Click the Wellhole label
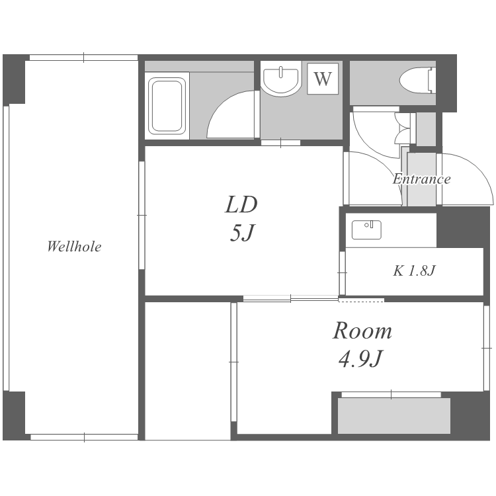(x=74, y=247)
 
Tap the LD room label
(x=241, y=204)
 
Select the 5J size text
(x=242, y=233)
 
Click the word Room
(x=362, y=331)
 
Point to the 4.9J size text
(x=361, y=358)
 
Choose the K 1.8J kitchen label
(x=415, y=270)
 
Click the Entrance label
(x=422, y=179)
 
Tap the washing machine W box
(x=323, y=79)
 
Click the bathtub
(x=167, y=106)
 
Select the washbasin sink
(x=280, y=80)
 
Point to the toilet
(x=417, y=80)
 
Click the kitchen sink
(x=366, y=230)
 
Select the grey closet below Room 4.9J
(x=394, y=416)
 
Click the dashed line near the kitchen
(x=361, y=302)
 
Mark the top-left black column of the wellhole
(x=14, y=79)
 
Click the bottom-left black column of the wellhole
(x=14, y=416)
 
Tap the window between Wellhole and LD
(x=142, y=215)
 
